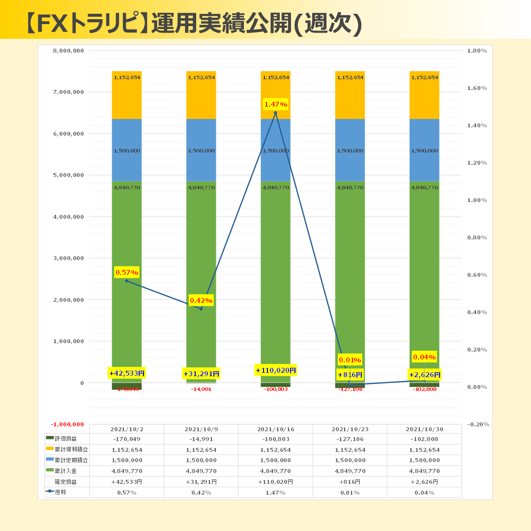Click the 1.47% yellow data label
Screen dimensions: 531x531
[275, 104]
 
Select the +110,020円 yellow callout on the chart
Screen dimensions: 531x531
[275, 370]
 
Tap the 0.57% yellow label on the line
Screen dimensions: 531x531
[127, 272]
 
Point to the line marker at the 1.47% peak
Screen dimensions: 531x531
[275, 113]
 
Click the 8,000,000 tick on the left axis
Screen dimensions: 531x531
[68, 51]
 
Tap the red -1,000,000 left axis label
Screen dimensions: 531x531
[68, 424]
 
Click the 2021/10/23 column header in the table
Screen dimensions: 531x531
[350, 429]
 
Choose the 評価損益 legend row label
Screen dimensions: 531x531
[65, 439]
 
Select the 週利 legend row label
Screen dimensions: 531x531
[60, 492]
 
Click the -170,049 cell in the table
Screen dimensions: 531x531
[127, 439]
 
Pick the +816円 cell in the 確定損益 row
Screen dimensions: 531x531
[350, 482]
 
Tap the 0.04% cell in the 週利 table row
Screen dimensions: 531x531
[424, 493]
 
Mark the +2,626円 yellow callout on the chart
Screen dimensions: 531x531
[424, 375]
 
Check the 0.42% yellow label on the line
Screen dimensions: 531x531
[201, 300]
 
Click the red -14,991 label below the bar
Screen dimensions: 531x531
[201, 389]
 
